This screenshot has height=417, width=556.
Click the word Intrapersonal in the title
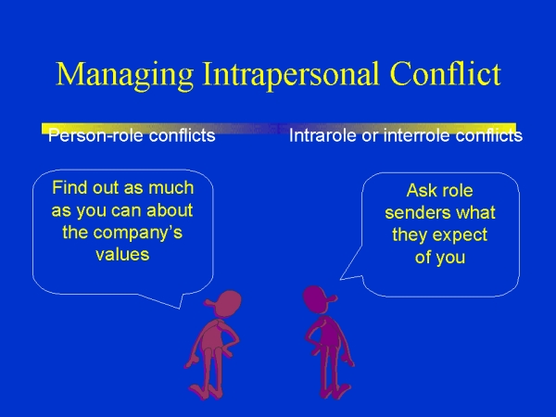(278, 74)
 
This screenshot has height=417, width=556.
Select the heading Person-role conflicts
(132, 136)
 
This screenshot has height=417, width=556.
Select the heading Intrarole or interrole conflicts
(405, 136)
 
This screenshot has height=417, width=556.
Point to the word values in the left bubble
(122, 254)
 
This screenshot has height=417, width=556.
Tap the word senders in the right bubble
(411, 213)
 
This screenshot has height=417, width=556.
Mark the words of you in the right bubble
(439, 258)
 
